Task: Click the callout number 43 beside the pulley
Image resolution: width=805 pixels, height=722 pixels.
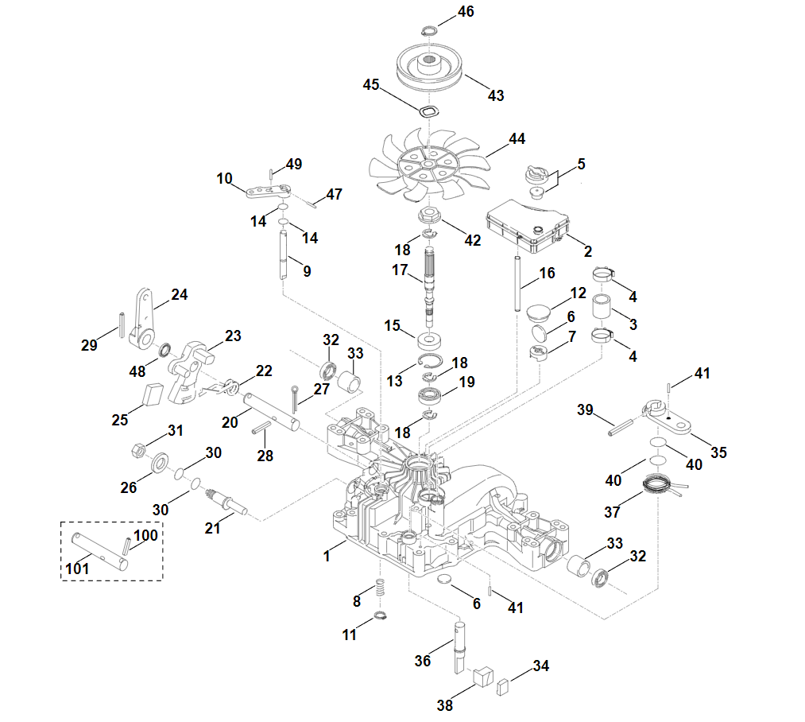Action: pyautogui.click(x=495, y=95)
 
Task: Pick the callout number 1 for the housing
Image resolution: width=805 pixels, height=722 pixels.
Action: pyautogui.click(x=326, y=556)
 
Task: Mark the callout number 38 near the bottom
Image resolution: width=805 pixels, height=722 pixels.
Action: pyautogui.click(x=444, y=704)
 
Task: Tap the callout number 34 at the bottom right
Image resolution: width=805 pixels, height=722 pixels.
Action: pyautogui.click(x=541, y=666)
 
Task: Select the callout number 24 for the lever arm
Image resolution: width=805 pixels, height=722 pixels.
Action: pyautogui.click(x=180, y=295)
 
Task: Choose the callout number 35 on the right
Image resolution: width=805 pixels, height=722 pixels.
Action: pyautogui.click(x=718, y=452)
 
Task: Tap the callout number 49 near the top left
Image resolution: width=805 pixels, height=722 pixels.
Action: pyautogui.click(x=294, y=165)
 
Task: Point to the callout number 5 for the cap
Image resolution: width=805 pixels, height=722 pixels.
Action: pyautogui.click(x=581, y=165)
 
